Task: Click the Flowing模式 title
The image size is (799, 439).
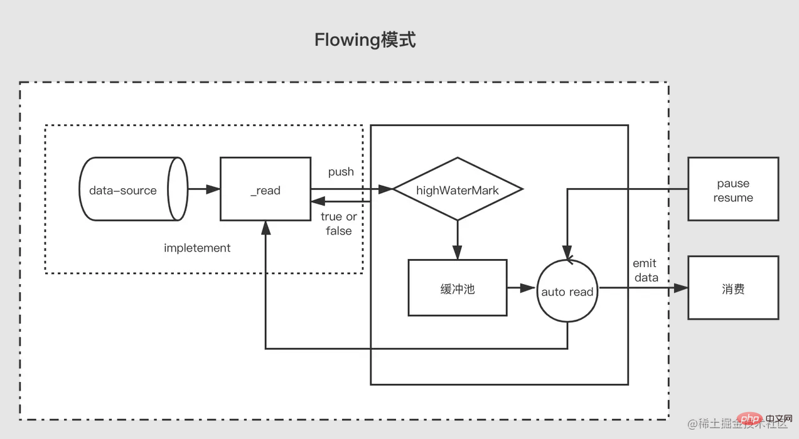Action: tap(365, 40)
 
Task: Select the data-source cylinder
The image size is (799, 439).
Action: tap(134, 189)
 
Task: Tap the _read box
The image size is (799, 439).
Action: tap(265, 189)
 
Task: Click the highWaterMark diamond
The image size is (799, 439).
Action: tap(458, 189)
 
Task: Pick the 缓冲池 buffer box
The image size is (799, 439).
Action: tap(458, 288)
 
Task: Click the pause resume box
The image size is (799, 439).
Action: tap(733, 189)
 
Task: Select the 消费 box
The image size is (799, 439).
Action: tap(733, 288)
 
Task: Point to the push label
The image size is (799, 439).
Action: tap(341, 172)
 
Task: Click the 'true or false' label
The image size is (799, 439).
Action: tap(338, 223)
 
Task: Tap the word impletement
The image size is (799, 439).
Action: tap(197, 248)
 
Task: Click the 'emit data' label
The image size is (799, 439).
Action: tap(646, 270)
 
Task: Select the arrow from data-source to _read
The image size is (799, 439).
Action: tap(204, 189)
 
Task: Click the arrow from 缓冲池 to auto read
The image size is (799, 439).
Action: tap(521, 288)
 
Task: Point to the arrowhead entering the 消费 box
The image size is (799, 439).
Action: tap(681, 288)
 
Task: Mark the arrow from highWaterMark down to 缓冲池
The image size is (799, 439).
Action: tap(458, 240)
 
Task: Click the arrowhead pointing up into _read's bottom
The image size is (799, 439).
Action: tap(265, 228)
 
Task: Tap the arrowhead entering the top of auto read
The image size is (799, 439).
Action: tap(567, 252)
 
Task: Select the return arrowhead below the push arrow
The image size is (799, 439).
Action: tap(318, 201)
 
